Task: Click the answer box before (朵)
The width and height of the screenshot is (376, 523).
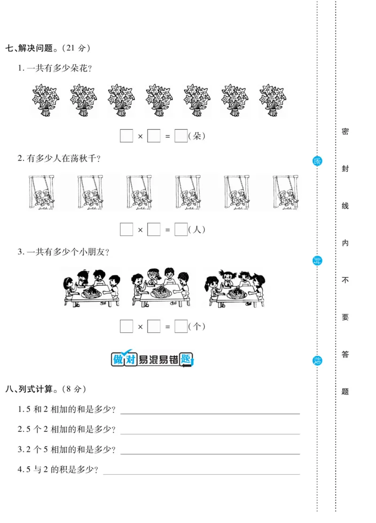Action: click(x=181, y=136)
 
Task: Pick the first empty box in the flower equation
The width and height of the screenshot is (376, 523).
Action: click(x=126, y=136)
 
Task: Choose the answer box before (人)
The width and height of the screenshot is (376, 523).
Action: click(x=181, y=230)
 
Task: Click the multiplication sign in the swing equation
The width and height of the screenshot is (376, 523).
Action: click(x=140, y=230)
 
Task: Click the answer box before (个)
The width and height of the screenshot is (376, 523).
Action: click(x=181, y=327)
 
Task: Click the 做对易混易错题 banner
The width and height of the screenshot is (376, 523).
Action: click(x=152, y=359)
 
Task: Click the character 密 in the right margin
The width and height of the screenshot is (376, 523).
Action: click(x=345, y=132)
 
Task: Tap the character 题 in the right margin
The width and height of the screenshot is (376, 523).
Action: click(x=345, y=391)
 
